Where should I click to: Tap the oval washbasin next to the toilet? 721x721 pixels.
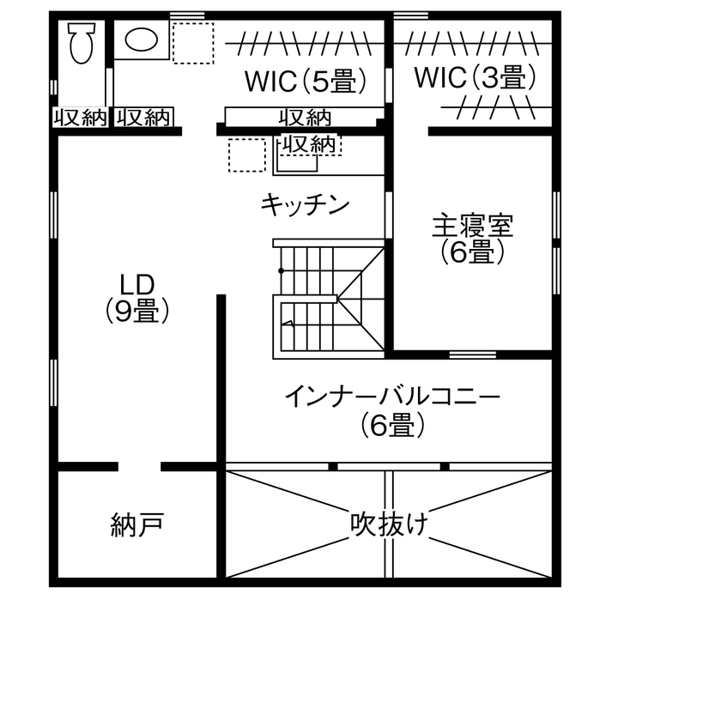(142, 39)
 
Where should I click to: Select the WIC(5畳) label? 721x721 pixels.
(306, 82)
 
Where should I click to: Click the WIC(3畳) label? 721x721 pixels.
(475, 78)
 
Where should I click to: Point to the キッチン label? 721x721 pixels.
(306, 204)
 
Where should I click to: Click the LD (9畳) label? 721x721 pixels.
(136, 297)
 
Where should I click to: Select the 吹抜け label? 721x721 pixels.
(389, 523)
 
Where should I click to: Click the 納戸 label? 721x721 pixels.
(137, 524)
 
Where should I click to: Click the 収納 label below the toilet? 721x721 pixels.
(81, 118)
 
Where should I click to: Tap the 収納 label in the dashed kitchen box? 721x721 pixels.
(308, 145)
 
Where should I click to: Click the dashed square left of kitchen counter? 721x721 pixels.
(247, 155)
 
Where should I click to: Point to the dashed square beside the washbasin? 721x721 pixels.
(192, 43)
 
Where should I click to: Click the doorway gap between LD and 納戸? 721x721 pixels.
(139, 467)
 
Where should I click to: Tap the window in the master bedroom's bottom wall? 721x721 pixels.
(473, 354)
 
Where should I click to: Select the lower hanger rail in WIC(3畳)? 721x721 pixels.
(495, 108)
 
